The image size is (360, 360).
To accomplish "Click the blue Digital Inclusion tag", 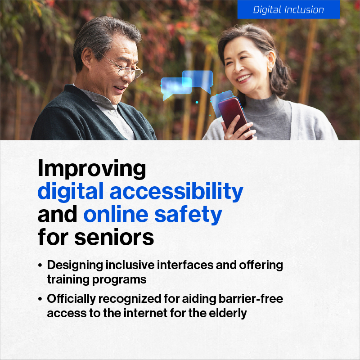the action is coord(288,9).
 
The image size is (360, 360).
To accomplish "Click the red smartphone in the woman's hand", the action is coord(234,117).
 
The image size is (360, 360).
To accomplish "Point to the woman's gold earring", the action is coord(270,69).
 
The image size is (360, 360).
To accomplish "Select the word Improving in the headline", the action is coord(92,169).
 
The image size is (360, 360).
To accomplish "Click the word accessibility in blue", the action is coord(176,192).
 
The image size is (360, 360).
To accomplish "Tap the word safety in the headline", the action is coord(188,215).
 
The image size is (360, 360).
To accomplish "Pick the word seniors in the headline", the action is coord(114,237).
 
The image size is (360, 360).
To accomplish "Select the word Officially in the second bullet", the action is coord(72,299).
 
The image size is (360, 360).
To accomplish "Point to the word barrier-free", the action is coord(251,299).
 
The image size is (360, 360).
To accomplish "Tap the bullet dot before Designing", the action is coord(40,265).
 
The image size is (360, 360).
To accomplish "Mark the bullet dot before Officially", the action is coord(40,299).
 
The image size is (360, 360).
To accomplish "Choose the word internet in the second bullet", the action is coord(145,313).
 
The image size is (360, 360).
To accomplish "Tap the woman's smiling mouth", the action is coord(244,78).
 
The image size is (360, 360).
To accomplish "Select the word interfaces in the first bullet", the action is coord(185,265).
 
